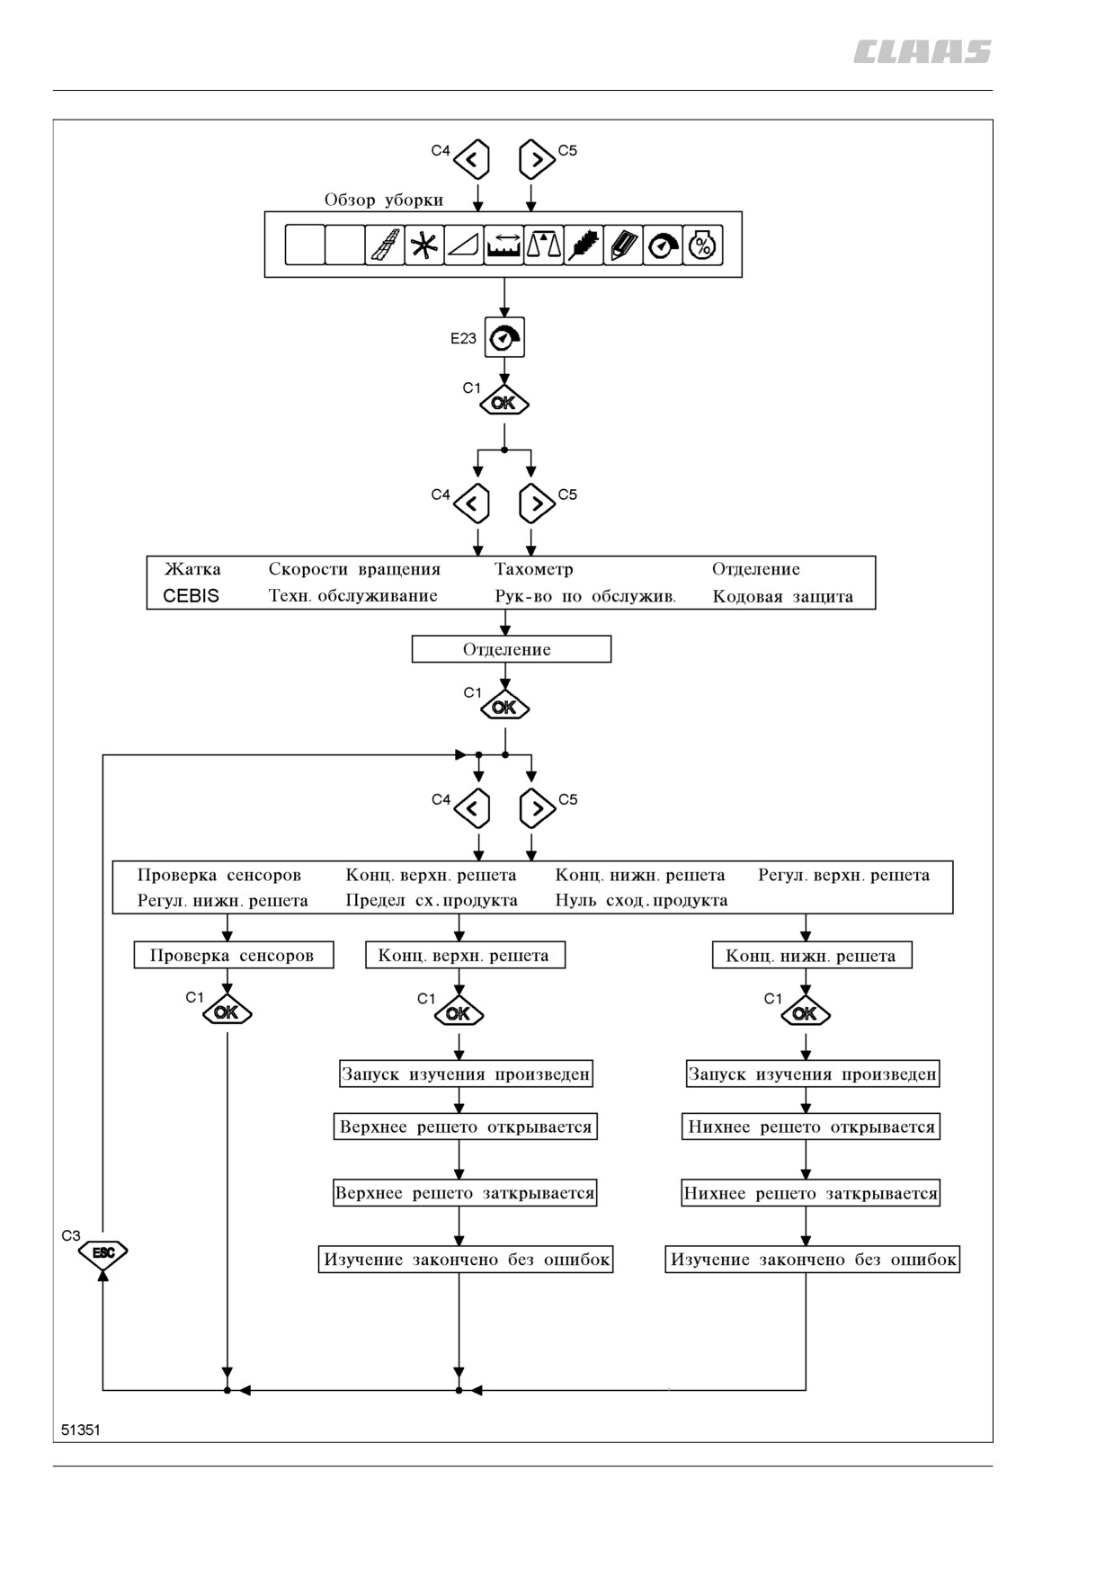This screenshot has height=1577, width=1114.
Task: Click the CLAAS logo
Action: tap(922, 51)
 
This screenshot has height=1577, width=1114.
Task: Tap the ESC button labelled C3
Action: tap(102, 1252)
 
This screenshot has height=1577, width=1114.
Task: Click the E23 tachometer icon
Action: tap(504, 337)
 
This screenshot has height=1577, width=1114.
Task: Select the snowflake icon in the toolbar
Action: tap(424, 245)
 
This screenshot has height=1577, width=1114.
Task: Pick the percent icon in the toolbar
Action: tap(702, 245)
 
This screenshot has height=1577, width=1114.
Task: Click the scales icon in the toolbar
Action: tap(543, 245)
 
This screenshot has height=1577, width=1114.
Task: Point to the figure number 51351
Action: tap(81, 1430)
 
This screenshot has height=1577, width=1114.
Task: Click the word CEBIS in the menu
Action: tap(191, 595)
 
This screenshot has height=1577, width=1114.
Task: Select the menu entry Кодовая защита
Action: tap(782, 596)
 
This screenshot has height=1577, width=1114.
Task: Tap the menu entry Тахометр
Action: tap(533, 569)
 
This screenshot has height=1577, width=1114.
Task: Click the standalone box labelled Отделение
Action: tap(512, 649)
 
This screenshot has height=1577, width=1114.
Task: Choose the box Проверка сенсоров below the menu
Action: tap(234, 955)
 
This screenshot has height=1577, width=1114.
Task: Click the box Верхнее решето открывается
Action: tap(466, 1127)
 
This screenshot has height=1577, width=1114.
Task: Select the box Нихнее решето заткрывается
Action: tap(811, 1193)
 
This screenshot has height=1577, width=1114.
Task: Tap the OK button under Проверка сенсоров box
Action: tap(227, 1012)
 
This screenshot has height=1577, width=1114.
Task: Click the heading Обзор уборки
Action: tap(384, 200)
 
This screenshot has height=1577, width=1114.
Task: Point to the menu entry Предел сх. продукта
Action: tap(432, 900)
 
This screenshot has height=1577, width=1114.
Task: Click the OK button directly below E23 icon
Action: tap(504, 402)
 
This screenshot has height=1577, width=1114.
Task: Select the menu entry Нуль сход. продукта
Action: tap(641, 900)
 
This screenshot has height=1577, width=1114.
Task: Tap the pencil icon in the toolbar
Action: tap(623, 245)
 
